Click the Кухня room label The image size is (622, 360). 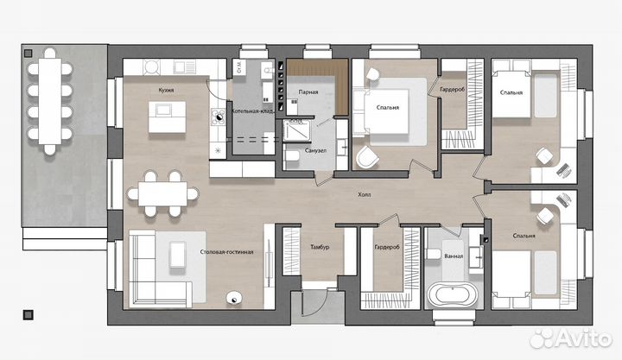pos(166,91)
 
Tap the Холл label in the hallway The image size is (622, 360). pos(365,194)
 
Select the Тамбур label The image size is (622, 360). pos(320,247)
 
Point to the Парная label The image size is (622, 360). pos(308,92)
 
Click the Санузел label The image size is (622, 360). pos(316,151)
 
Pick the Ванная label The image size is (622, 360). pos(454,256)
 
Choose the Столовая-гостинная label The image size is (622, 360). pos(226,252)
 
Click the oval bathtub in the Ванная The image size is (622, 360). pos(452,294)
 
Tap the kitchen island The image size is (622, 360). pos(167,117)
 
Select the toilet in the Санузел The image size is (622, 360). pos(292,155)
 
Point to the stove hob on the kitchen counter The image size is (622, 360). pos(219,117)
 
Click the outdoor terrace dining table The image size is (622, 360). pos(50,102)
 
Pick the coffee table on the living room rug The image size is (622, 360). pos(178,255)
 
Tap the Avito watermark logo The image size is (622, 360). pos(571,338)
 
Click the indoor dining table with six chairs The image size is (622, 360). pos(162,194)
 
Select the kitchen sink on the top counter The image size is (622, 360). pos(185,66)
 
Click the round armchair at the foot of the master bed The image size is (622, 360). pos(367,157)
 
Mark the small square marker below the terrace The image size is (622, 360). pos(28,315)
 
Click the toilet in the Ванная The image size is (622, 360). pos(434,254)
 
